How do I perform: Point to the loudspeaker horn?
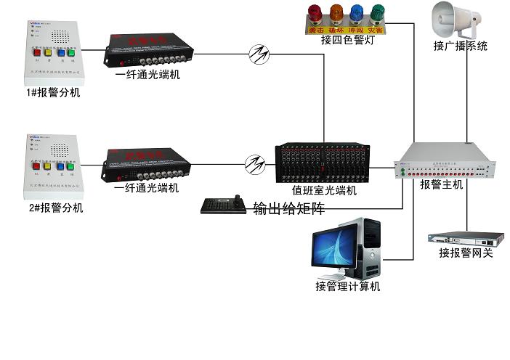coord(456,20)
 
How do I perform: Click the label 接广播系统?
coord(460,46)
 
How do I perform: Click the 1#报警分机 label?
coord(53,93)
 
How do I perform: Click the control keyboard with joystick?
coord(225,206)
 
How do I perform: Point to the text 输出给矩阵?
coord(288,209)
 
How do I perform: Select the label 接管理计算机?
coord(347,286)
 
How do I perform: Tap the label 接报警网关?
coord(466,253)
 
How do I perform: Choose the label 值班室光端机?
coord(324,191)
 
